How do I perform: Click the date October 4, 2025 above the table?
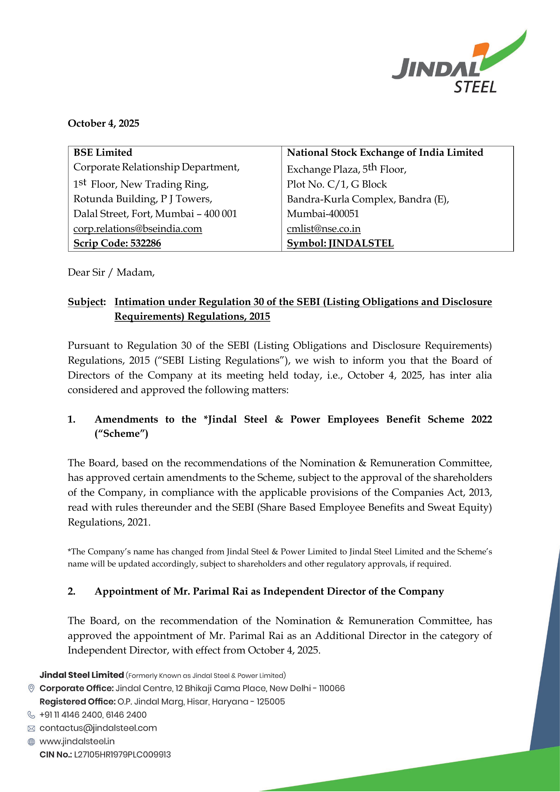click(103, 123)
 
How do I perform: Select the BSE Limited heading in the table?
click(103, 152)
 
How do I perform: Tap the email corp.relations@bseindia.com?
click(138, 229)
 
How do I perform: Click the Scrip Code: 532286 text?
click(117, 243)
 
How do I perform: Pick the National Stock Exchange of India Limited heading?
click(385, 152)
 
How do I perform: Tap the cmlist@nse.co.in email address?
click(324, 229)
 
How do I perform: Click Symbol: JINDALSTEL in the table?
click(340, 243)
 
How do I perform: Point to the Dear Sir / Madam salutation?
click(111, 273)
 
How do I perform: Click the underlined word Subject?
click(86, 302)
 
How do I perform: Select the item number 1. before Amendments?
click(71, 419)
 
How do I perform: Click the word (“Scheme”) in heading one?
click(122, 434)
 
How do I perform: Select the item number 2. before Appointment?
click(71, 591)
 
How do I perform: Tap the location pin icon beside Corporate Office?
click(31, 688)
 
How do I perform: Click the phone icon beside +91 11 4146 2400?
click(31, 715)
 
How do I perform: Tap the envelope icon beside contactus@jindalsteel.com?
click(31, 728)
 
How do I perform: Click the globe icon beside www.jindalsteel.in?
click(31, 742)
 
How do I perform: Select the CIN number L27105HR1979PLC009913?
click(123, 755)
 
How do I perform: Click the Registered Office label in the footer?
click(77, 702)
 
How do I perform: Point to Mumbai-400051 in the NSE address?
click(323, 214)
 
